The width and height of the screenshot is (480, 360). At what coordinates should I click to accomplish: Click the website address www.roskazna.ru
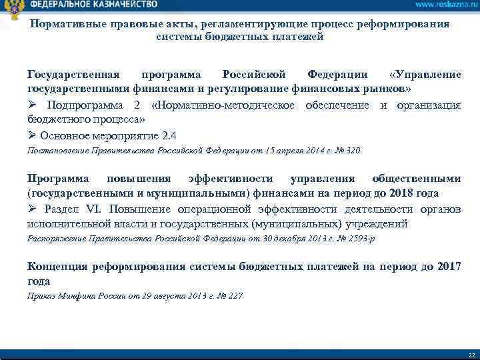pyautogui.click(x=441, y=5)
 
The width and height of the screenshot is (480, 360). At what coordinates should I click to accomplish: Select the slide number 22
pyautogui.click(x=471, y=354)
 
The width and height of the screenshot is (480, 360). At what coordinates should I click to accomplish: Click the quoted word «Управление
pyautogui.click(x=423, y=75)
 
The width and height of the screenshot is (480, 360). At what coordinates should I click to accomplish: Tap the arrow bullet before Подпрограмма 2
pyautogui.click(x=33, y=106)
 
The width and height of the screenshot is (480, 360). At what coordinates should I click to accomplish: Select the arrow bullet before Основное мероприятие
pyautogui.click(x=33, y=136)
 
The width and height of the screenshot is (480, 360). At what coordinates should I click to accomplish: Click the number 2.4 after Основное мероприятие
pyautogui.click(x=169, y=136)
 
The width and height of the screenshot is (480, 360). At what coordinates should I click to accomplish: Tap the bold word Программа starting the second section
pyautogui.click(x=57, y=179)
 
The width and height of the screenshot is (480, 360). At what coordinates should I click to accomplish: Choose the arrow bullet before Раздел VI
pyautogui.click(x=33, y=209)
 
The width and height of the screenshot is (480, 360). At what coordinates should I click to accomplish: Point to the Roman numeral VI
pyautogui.click(x=89, y=209)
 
